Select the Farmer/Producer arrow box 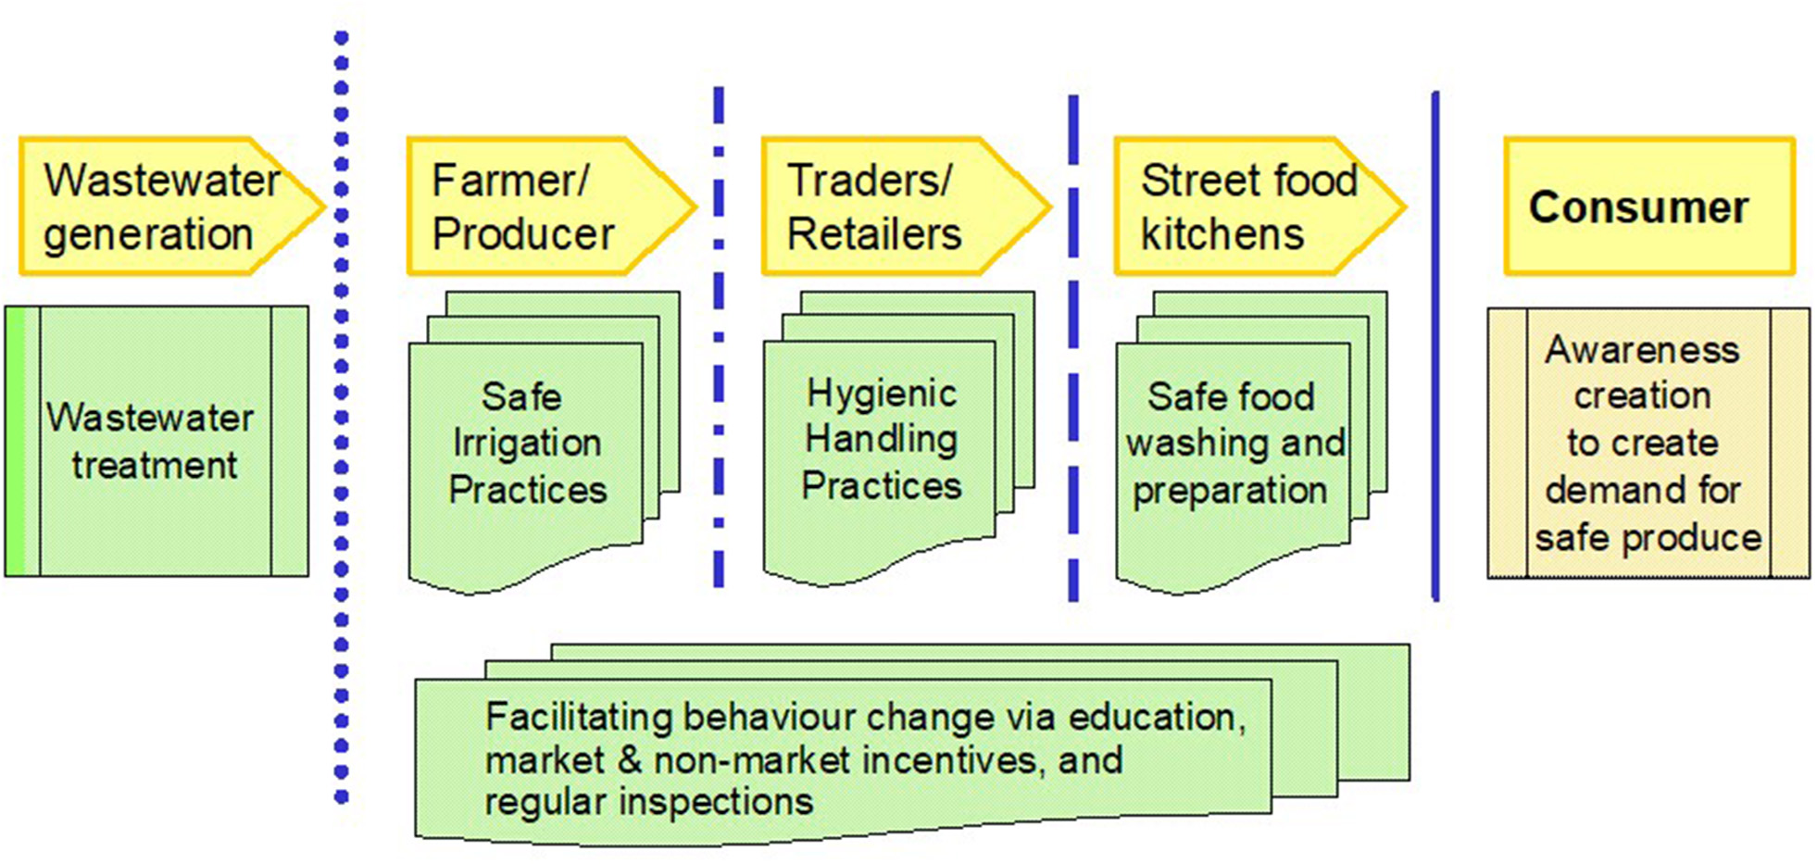point(537,207)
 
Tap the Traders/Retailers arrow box point(889,207)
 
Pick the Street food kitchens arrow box point(1246,207)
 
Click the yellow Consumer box point(1648,207)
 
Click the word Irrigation point(526,443)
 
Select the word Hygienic point(881,394)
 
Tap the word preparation point(1229,490)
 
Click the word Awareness point(1642,350)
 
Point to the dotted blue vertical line point(341,417)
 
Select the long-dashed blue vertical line point(1073,352)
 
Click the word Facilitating point(579,718)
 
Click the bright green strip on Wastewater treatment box point(16,442)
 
